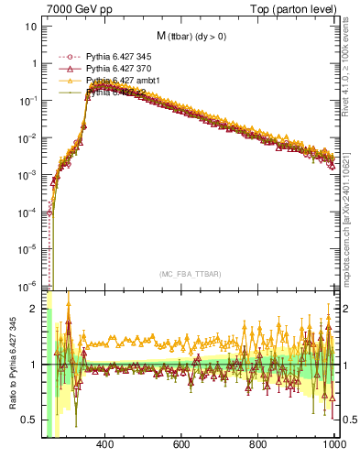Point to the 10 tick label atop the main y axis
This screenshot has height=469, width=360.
tap(32, 26)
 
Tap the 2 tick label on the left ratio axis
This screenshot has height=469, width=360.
tap(36, 310)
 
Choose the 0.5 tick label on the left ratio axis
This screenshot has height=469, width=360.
tap(32, 420)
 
